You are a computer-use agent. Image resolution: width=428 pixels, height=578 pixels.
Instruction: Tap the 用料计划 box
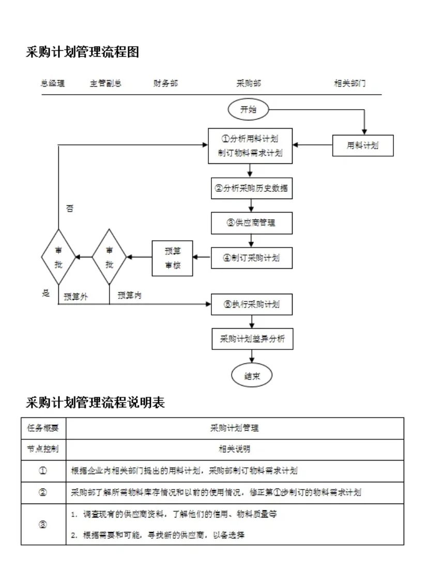point(362,145)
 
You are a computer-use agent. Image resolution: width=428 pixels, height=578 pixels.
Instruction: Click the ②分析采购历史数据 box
point(252,189)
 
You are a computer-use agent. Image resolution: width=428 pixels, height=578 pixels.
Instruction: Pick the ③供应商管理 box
point(252,223)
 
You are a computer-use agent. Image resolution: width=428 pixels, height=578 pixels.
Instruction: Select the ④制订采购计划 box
point(252,258)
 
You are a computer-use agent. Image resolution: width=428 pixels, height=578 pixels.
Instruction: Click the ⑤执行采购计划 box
point(252,305)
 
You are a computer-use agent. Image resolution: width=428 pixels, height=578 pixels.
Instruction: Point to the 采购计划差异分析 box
point(252,339)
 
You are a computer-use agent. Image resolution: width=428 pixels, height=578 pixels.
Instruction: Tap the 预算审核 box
point(172,258)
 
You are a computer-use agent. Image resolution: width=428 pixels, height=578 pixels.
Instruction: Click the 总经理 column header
point(53,83)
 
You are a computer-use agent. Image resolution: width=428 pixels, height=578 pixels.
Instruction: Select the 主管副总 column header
point(105,83)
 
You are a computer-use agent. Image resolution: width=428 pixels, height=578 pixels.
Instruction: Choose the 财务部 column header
point(165,83)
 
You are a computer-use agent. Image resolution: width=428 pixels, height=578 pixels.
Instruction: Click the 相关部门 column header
point(350,83)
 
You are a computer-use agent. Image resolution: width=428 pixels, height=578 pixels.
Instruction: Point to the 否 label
point(70,209)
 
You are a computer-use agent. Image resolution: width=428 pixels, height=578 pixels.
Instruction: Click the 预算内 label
point(130,295)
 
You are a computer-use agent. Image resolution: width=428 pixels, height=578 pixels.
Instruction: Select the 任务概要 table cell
point(43,428)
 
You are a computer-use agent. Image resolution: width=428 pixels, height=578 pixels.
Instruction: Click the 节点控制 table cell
point(43,449)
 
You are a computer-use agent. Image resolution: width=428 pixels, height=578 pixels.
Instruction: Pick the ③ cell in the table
point(43,524)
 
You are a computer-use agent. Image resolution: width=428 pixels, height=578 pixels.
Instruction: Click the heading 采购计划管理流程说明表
point(95,403)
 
